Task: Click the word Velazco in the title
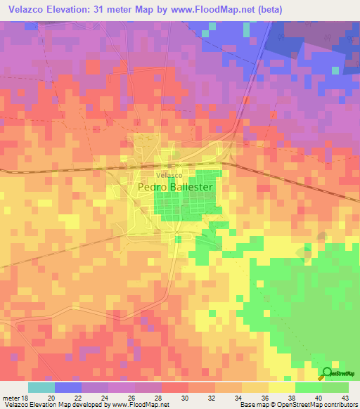pos(29,10)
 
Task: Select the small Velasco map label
pos(169,174)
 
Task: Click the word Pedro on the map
pos(154,188)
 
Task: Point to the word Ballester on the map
pos(198,188)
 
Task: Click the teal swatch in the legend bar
pos(41,387)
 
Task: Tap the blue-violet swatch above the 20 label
pos(67,387)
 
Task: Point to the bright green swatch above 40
pos(308,387)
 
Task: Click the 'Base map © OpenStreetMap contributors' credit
pos(297,405)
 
